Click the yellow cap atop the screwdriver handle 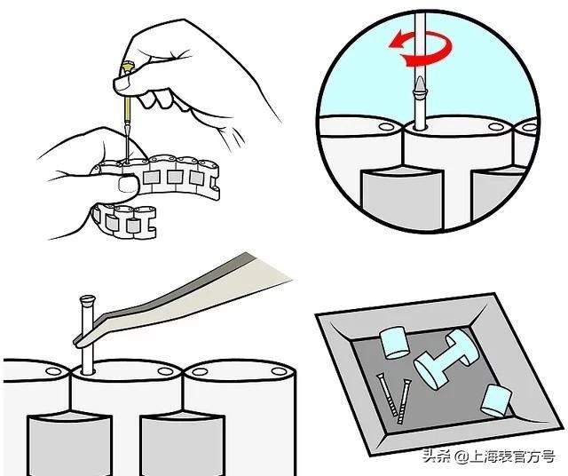[x=127, y=67]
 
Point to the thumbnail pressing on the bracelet [x=128, y=184]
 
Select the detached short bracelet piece [x=124, y=221]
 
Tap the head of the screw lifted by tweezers [x=87, y=299]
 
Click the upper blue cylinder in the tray [x=394, y=342]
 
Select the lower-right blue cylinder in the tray [x=496, y=401]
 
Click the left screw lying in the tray [x=386, y=394]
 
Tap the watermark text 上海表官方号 [x=512, y=456]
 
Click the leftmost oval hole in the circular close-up [x=385, y=127]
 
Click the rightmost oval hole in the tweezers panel [x=279, y=371]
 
